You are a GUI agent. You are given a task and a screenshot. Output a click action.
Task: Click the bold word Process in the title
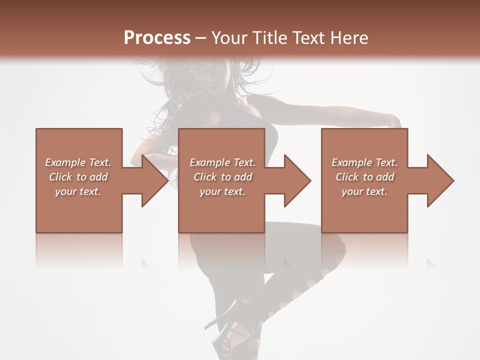tap(157, 38)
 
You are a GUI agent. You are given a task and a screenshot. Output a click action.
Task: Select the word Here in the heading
tap(349, 38)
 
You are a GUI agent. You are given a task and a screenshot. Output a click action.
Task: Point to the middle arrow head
tap(297, 180)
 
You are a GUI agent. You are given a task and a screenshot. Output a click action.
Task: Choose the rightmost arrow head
tap(440, 180)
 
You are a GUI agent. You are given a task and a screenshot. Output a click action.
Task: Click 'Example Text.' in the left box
tap(78, 162)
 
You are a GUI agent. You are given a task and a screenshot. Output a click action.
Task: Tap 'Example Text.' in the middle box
tap(222, 162)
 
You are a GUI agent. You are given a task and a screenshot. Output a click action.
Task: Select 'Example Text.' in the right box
tap(364, 162)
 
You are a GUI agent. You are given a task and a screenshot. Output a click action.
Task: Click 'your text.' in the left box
tap(78, 191)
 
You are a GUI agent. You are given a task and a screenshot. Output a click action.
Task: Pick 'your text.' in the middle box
tap(222, 191)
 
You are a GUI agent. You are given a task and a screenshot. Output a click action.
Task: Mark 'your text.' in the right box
tap(364, 191)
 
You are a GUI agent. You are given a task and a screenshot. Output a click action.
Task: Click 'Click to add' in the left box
tap(78, 177)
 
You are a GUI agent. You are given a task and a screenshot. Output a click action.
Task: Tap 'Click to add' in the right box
tap(364, 177)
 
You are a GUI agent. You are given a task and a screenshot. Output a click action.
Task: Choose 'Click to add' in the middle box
tap(222, 177)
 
